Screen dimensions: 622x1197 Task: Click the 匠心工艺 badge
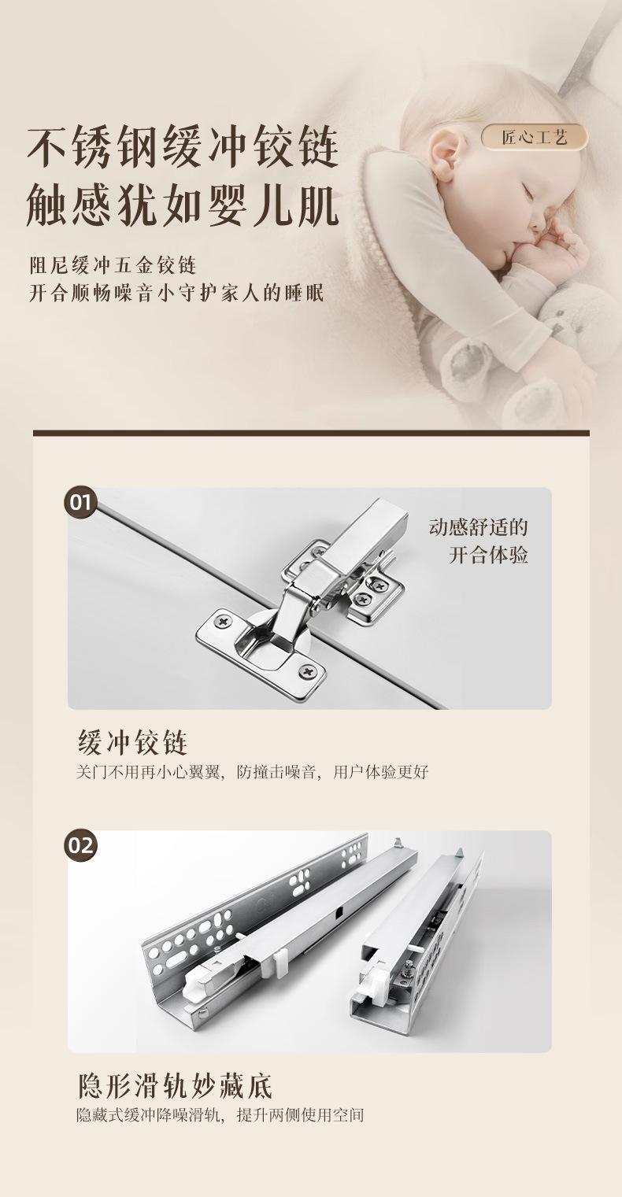pos(535,138)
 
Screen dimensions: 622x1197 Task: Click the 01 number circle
pos(81,502)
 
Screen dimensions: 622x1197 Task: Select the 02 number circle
pos(81,845)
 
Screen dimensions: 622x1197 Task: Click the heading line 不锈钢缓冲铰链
pos(183,146)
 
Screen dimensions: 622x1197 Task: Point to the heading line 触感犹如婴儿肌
pos(183,205)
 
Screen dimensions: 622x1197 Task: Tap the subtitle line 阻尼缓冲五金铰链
pos(113,265)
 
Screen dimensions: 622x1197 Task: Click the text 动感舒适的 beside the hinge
pos(478,527)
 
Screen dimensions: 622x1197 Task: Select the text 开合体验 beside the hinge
pos(488,555)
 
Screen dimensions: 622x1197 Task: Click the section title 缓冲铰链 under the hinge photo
pos(133,742)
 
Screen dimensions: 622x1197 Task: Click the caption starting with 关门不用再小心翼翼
pos(253,772)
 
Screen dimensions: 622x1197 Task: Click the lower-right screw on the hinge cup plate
pos(308,671)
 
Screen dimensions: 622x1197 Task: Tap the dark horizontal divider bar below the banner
pos(311,433)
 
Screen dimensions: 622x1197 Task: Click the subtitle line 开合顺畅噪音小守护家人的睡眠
pos(176,294)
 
